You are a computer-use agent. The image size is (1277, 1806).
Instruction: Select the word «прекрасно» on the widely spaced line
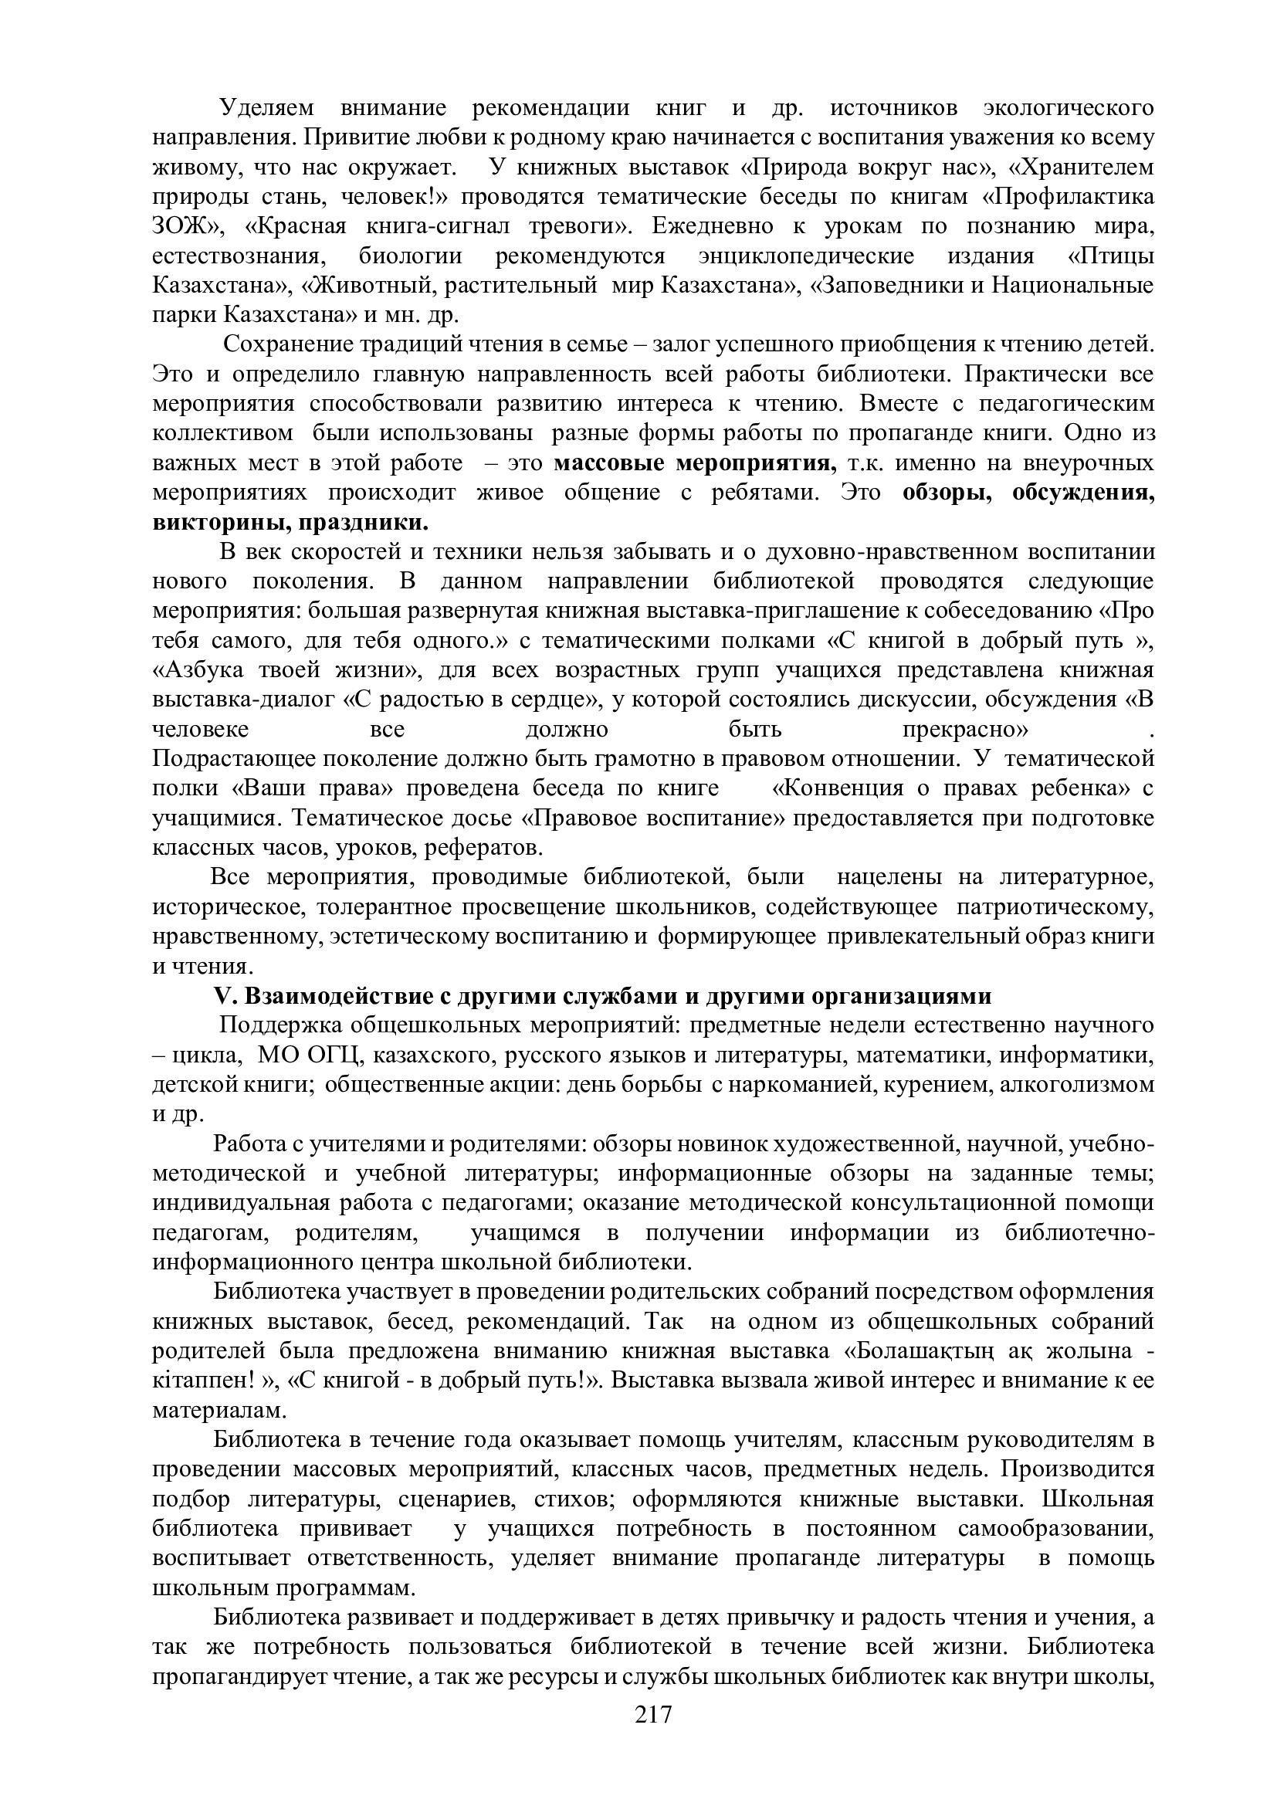[965, 729]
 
